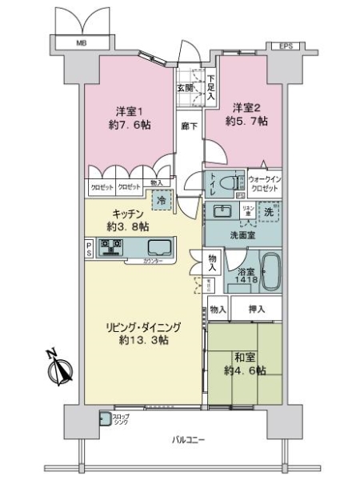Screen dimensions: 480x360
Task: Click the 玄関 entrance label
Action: [185, 89]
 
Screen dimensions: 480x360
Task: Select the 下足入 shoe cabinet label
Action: [210, 86]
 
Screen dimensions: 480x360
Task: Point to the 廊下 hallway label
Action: [189, 126]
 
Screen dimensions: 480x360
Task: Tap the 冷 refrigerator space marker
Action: [159, 200]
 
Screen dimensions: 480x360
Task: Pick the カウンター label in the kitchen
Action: [154, 262]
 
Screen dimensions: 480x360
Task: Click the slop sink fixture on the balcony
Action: [105, 418]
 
